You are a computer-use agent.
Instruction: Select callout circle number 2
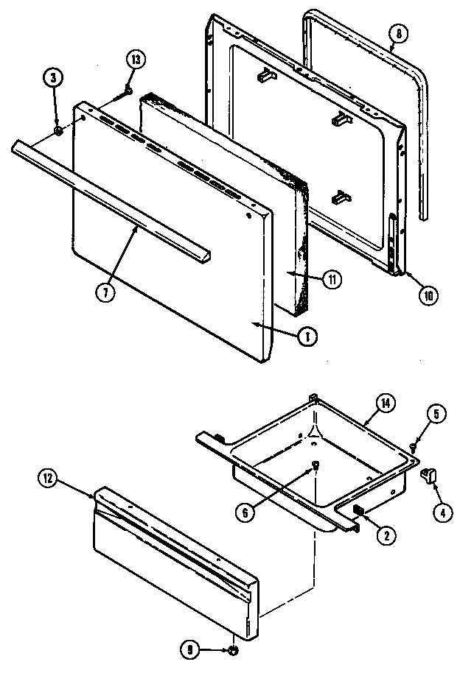(x=383, y=536)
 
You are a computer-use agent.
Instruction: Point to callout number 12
(x=48, y=479)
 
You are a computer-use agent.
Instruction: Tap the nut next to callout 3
(x=57, y=131)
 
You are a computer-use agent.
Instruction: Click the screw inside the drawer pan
(x=316, y=465)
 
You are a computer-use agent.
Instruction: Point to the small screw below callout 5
(x=414, y=445)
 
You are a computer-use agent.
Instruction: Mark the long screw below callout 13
(x=122, y=95)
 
